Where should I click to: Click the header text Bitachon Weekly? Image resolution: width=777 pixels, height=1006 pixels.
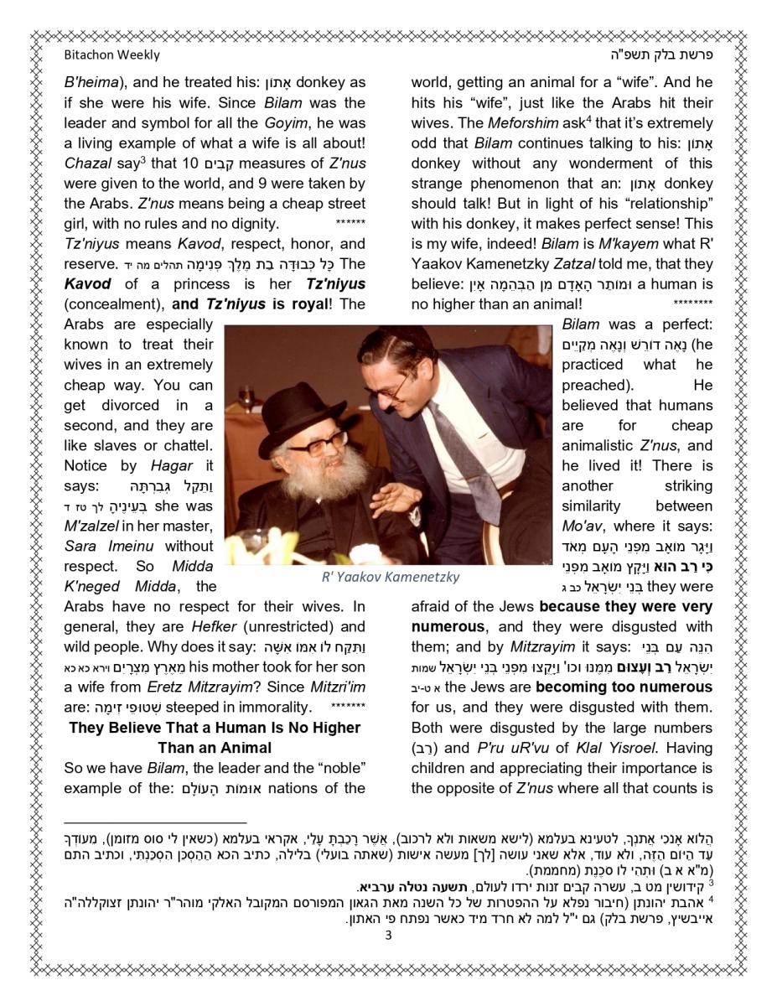pos(111,55)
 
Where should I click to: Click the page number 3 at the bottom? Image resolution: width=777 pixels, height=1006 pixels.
pos(388,936)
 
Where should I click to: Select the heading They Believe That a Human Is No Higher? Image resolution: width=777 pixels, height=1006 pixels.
pos(215,727)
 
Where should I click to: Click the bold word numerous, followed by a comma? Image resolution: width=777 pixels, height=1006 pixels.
pos(447,626)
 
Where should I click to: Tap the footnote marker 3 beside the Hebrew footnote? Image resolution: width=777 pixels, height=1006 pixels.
pos(711,882)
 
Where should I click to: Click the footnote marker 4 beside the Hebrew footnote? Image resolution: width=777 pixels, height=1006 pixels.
pos(711,897)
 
